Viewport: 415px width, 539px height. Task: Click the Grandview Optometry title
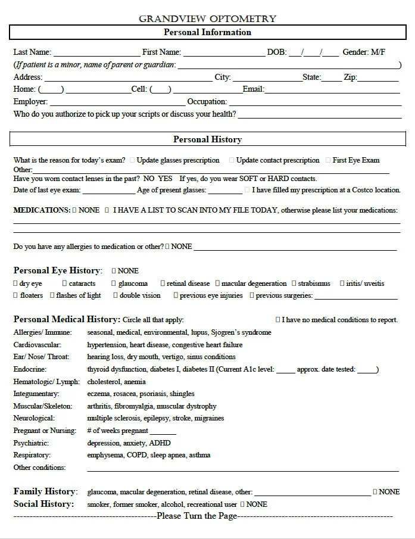click(207, 18)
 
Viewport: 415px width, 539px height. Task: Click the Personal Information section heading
click(207, 32)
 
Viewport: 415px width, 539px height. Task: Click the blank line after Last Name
click(96, 54)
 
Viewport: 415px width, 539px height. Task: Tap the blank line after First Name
click(224, 54)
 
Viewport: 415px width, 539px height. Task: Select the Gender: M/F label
click(364, 52)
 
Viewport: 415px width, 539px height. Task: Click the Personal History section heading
click(207, 139)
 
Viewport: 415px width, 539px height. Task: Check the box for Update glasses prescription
click(132, 160)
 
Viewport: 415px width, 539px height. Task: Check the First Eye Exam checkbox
click(327, 160)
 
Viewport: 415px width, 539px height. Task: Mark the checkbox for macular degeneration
click(217, 283)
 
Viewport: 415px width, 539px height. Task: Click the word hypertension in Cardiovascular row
click(105, 345)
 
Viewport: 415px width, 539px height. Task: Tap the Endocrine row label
click(30, 369)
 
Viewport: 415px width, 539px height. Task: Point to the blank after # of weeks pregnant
click(163, 432)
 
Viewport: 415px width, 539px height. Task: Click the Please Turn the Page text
click(196, 516)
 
